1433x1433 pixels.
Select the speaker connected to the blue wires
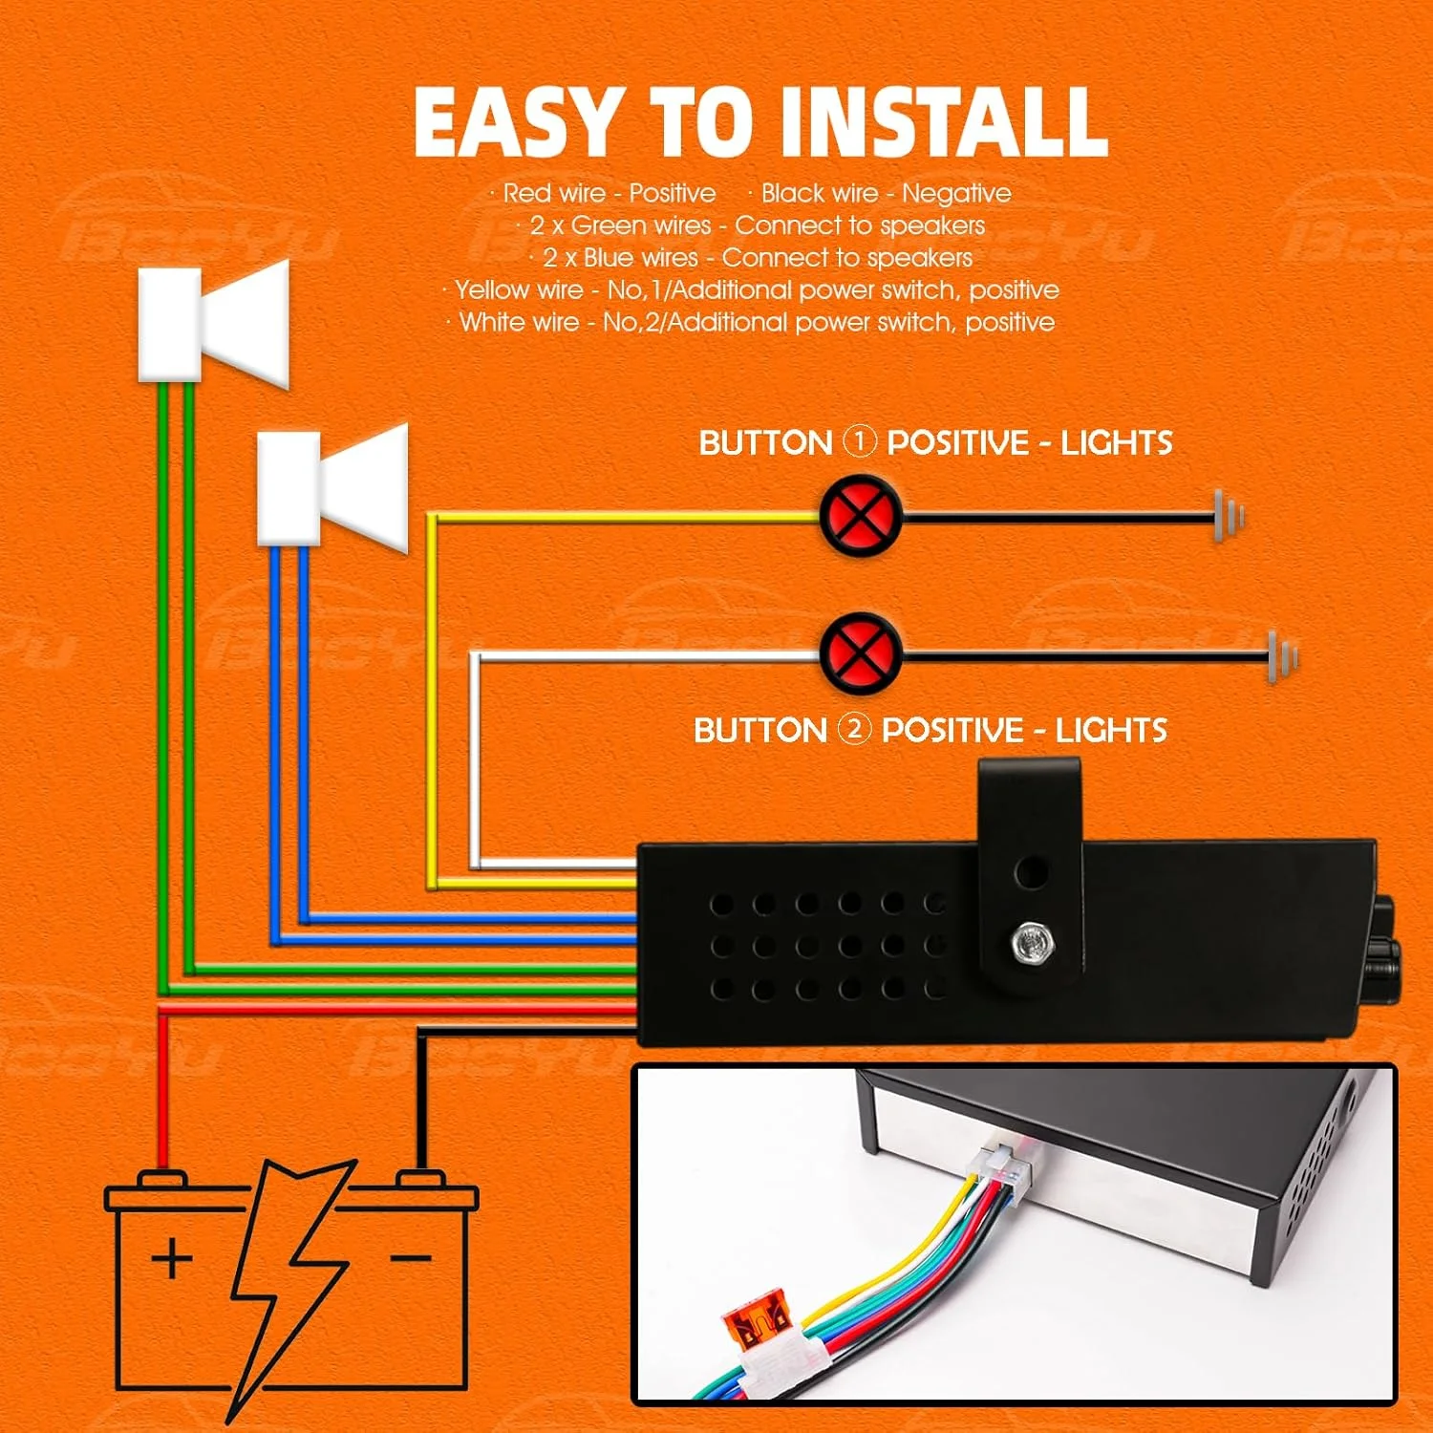[x=332, y=487]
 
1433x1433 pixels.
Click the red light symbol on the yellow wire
[x=860, y=516]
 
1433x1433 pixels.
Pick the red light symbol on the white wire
[x=860, y=654]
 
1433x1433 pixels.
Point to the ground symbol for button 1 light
[x=1229, y=516]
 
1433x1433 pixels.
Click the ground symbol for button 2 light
[x=1283, y=656]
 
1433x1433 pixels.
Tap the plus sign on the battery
[x=172, y=1257]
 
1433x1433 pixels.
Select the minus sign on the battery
[x=411, y=1257]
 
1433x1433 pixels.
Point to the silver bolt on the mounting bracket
[x=1031, y=944]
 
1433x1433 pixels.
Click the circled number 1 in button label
[x=859, y=442]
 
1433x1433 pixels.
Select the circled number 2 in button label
[x=854, y=730]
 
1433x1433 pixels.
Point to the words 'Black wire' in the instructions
[x=819, y=194]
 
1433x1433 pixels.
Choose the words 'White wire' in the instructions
[x=519, y=323]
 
